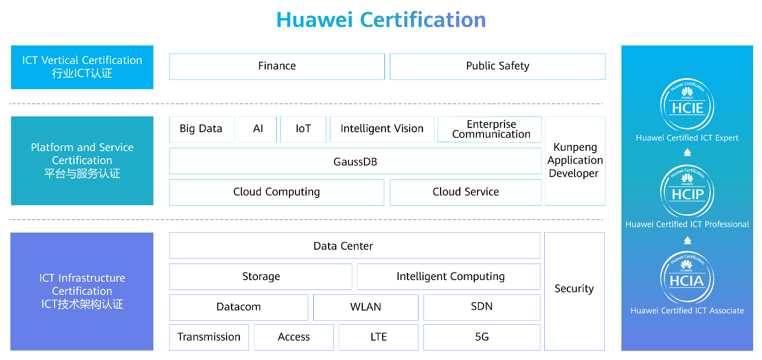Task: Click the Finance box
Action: pyautogui.click(x=277, y=67)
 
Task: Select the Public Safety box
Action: pyautogui.click(x=497, y=67)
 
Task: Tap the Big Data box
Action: pyautogui.click(x=202, y=130)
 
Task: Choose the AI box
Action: pyautogui.click(x=257, y=130)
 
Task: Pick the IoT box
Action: pyautogui.click(x=303, y=130)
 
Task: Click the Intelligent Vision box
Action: pyautogui.click(x=382, y=130)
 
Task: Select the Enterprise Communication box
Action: pyautogui.click(x=490, y=130)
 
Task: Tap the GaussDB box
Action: pyautogui.click(x=356, y=161)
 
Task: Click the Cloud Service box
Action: pyautogui.click(x=466, y=192)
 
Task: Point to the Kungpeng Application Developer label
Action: pyautogui.click(x=575, y=160)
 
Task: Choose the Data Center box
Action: pyautogui.click(x=355, y=245)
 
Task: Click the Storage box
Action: pyautogui.click(x=261, y=277)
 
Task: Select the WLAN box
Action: pyautogui.click(x=366, y=307)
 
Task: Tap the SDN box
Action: pyautogui.click(x=482, y=307)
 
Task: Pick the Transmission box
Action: pyautogui.click(x=209, y=337)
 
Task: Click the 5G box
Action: pyautogui.click(x=482, y=337)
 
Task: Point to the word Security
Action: pyautogui.click(x=574, y=288)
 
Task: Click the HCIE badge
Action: pyautogui.click(x=687, y=105)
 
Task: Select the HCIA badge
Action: pyautogui.click(x=687, y=278)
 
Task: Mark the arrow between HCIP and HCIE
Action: pyautogui.click(x=687, y=152)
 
